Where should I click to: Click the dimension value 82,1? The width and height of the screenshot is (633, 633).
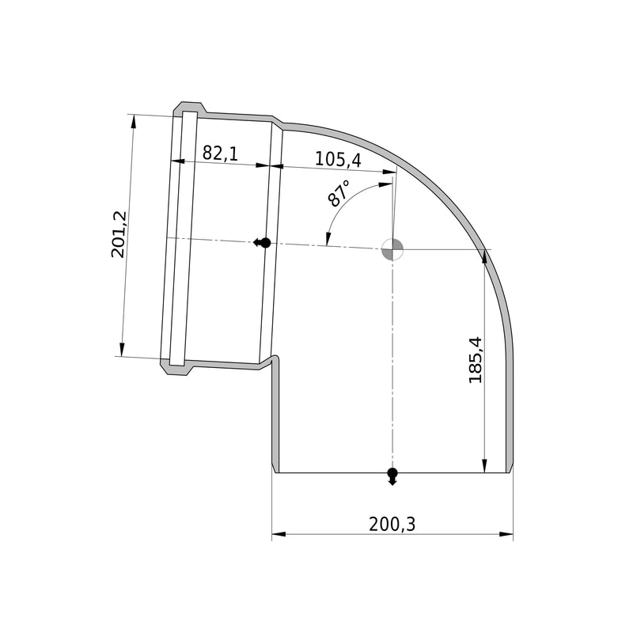click(x=220, y=153)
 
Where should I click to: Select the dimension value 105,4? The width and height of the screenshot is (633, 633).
click(x=338, y=159)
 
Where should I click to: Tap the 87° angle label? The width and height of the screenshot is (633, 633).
click(x=339, y=193)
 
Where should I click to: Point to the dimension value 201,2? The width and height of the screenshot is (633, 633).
click(x=119, y=234)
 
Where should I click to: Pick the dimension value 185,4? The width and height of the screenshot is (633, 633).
click(x=476, y=359)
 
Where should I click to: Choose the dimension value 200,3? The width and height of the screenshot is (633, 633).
click(x=392, y=524)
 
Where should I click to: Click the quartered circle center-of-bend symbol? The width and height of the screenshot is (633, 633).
click(x=392, y=249)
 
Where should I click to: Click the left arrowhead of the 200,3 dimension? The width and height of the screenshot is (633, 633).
click(x=279, y=534)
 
